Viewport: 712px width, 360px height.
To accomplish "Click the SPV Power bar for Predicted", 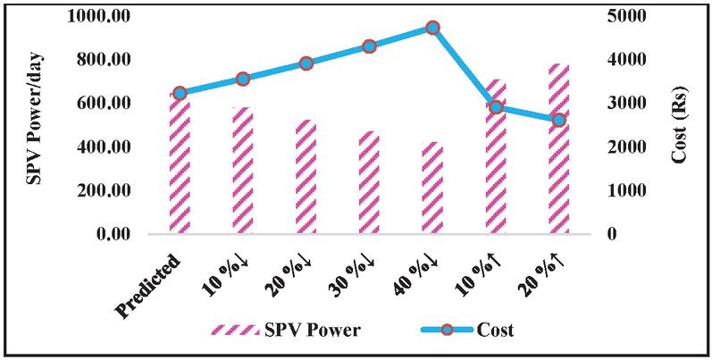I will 180,165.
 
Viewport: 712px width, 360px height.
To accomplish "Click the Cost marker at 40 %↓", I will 432,28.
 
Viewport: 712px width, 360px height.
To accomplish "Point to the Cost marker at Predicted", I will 180,93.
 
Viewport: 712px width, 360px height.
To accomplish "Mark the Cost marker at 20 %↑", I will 558,120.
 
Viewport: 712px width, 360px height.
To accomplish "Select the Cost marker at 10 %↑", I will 496,107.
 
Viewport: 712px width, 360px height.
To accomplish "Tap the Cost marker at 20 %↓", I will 306,63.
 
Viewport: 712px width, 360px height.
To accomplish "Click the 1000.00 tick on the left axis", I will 102,16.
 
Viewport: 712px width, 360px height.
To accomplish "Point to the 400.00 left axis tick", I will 106,147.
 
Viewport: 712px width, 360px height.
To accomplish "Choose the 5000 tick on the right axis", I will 620,16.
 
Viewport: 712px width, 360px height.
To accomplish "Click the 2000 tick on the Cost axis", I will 620,147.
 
